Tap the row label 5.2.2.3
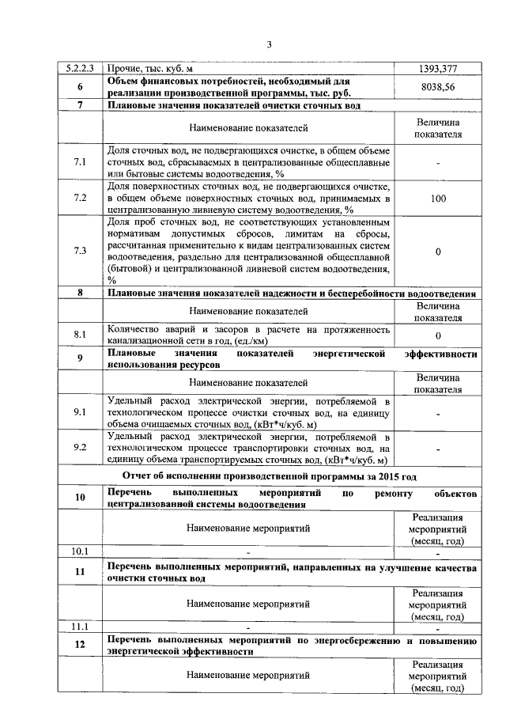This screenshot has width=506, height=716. click(x=80, y=69)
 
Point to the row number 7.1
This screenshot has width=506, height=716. click(x=80, y=162)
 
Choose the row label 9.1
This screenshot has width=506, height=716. click(x=80, y=412)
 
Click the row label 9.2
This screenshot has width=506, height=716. click(x=80, y=447)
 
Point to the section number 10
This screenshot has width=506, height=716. click(x=80, y=498)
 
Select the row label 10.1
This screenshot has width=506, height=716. click(x=80, y=551)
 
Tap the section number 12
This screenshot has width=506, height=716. click(x=80, y=646)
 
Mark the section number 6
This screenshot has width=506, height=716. click(x=80, y=88)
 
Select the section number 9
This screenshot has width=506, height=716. click(x=80, y=358)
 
